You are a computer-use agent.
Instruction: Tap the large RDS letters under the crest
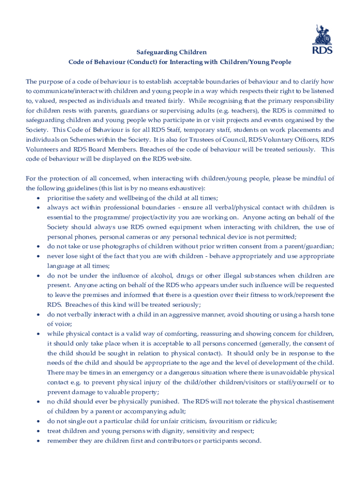click(x=323, y=50)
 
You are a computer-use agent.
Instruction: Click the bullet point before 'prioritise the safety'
click(x=37, y=198)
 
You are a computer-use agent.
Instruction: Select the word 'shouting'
click(x=252, y=314)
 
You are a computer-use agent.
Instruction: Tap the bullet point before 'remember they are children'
click(x=37, y=441)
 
